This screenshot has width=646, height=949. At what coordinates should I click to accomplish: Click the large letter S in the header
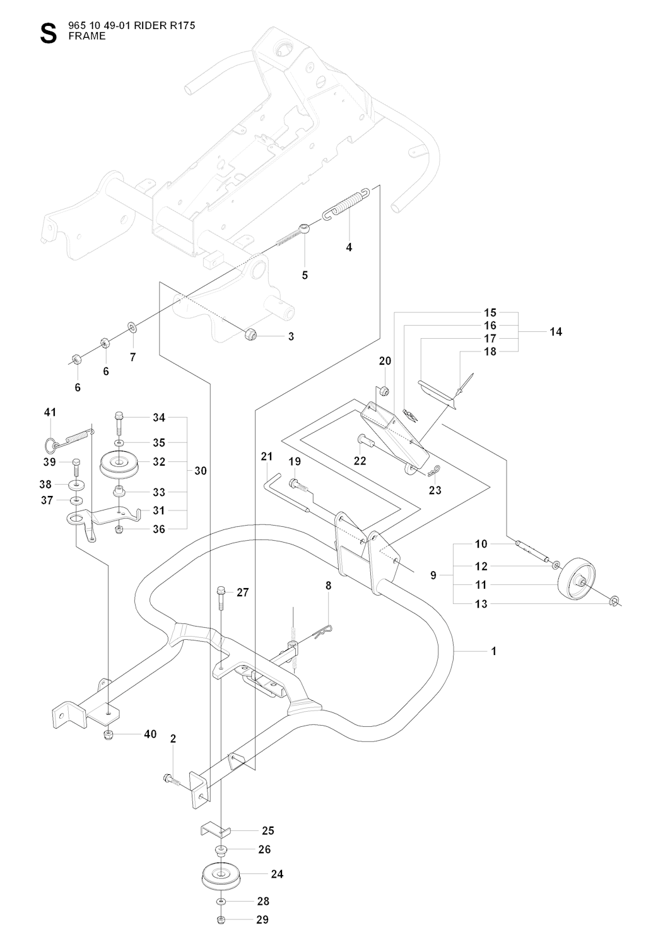point(48,33)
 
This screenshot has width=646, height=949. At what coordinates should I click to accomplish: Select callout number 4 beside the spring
point(349,247)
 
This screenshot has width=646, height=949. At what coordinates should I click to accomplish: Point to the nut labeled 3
point(250,334)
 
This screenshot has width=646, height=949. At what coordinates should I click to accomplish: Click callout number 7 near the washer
point(132,357)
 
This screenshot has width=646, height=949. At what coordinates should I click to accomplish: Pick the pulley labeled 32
point(120,463)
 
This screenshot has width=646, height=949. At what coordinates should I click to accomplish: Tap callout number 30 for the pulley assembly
point(201,471)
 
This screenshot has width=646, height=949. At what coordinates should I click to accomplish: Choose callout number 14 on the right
point(555,331)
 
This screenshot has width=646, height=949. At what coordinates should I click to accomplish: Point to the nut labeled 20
point(385,391)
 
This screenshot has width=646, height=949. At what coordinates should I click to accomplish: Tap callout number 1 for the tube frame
point(494,651)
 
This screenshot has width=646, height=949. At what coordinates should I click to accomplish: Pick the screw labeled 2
point(170,779)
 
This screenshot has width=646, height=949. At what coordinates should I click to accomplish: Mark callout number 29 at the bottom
point(262,919)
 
